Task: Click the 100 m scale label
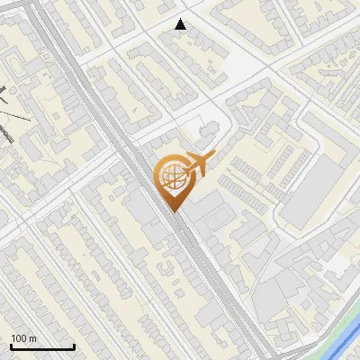click(23, 338)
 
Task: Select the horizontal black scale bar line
click(42, 346)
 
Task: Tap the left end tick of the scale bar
click(11, 344)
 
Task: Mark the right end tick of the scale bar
click(74, 344)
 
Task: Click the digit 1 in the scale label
click(13, 338)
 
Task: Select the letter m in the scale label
click(32, 339)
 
